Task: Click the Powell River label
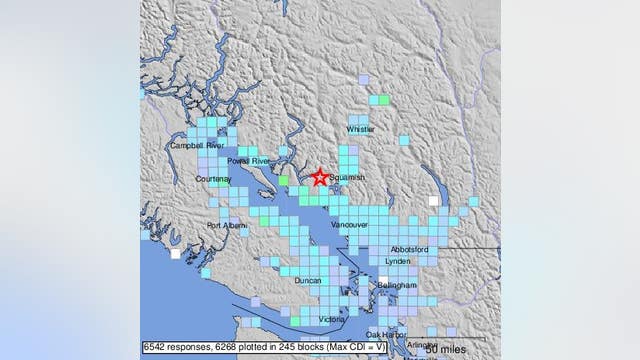point(249,161)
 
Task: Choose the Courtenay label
point(214,179)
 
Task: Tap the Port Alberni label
point(226,225)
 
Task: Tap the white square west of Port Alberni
point(176,254)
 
